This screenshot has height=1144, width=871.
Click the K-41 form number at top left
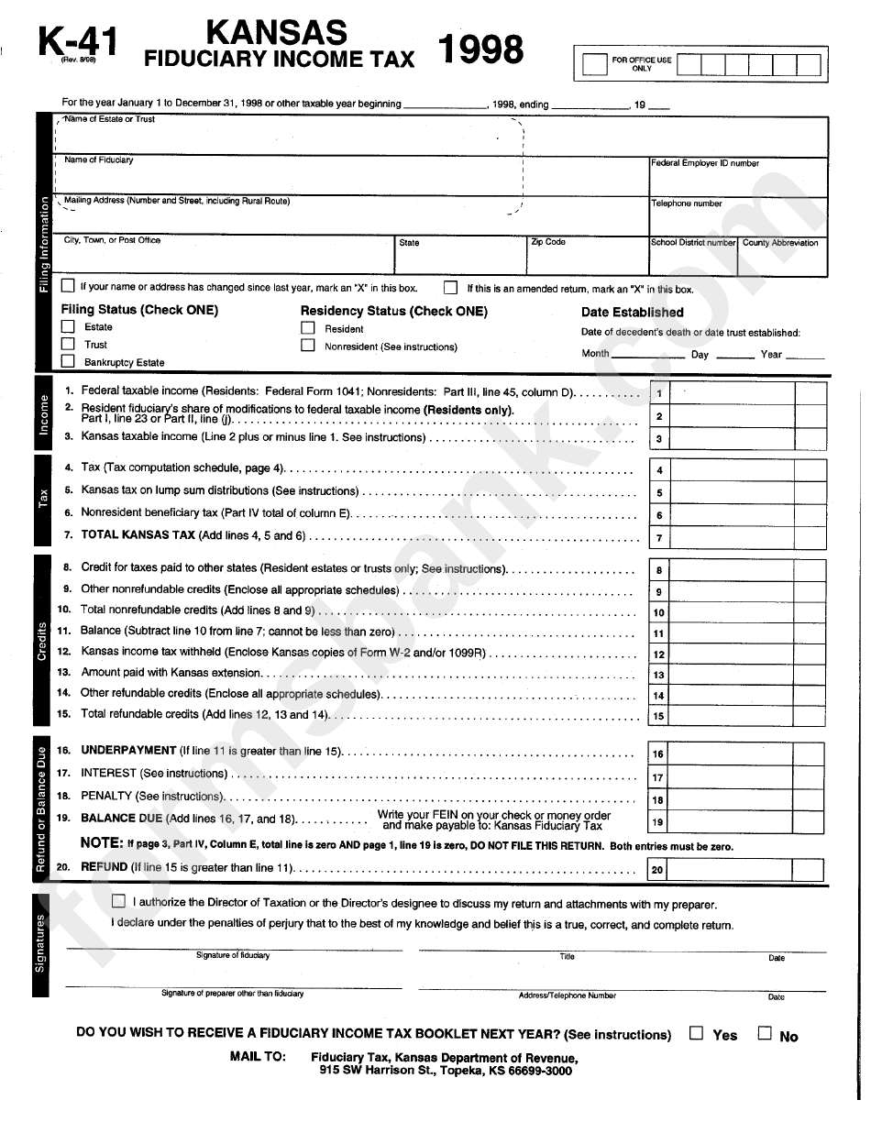click(x=78, y=40)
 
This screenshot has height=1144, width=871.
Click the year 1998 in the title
click(x=482, y=50)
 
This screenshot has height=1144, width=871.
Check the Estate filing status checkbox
click(x=68, y=327)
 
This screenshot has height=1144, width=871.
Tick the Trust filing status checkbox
click(x=68, y=345)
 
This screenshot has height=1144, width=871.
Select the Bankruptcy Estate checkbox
click(x=68, y=362)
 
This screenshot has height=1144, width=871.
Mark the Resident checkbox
click(x=308, y=328)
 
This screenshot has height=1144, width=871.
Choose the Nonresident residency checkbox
click(x=308, y=346)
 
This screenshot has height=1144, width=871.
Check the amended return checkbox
click(x=451, y=287)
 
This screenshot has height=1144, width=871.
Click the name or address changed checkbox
click(x=68, y=287)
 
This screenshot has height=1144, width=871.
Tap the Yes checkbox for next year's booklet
click(x=696, y=1033)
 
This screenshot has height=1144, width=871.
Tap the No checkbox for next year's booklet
click(x=764, y=1033)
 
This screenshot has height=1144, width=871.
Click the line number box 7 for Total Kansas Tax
click(x=658, y=538)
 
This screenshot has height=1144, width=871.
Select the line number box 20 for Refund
click(x=657, y=870)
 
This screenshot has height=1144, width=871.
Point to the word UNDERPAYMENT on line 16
click(x=128, y=751)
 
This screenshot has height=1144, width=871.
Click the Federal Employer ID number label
click(x=705, y=163)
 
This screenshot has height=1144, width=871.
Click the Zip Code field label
click(x=548, y=242)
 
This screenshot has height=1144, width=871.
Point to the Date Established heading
click(x=632, y=312)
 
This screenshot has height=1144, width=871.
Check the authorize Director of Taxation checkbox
click(x=118, y=902)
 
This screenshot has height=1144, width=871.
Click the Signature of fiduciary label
click(x=233, y=956)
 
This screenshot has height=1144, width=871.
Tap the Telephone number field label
click(x=687, y=203)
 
